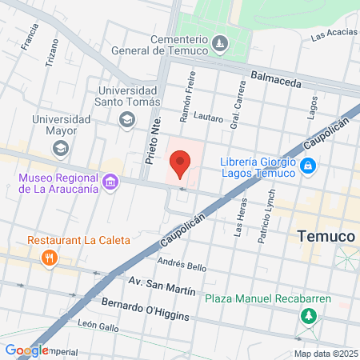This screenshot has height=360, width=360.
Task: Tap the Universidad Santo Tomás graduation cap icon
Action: coord(126,119)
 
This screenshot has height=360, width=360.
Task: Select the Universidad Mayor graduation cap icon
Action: coord(60,148)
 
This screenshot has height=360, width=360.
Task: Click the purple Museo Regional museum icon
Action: coord(110,182)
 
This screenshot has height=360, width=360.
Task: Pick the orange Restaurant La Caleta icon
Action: coord(50,257)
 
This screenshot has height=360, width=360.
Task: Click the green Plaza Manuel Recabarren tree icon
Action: coord(308,316)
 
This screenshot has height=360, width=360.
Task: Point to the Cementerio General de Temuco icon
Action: coord(218,42)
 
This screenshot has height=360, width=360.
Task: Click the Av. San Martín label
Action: coord(162,284)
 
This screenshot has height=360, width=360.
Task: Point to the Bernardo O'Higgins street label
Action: coord(146,310)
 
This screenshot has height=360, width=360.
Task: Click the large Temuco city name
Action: coord(326,237)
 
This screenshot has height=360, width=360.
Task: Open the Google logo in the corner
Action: coord(26,350)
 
